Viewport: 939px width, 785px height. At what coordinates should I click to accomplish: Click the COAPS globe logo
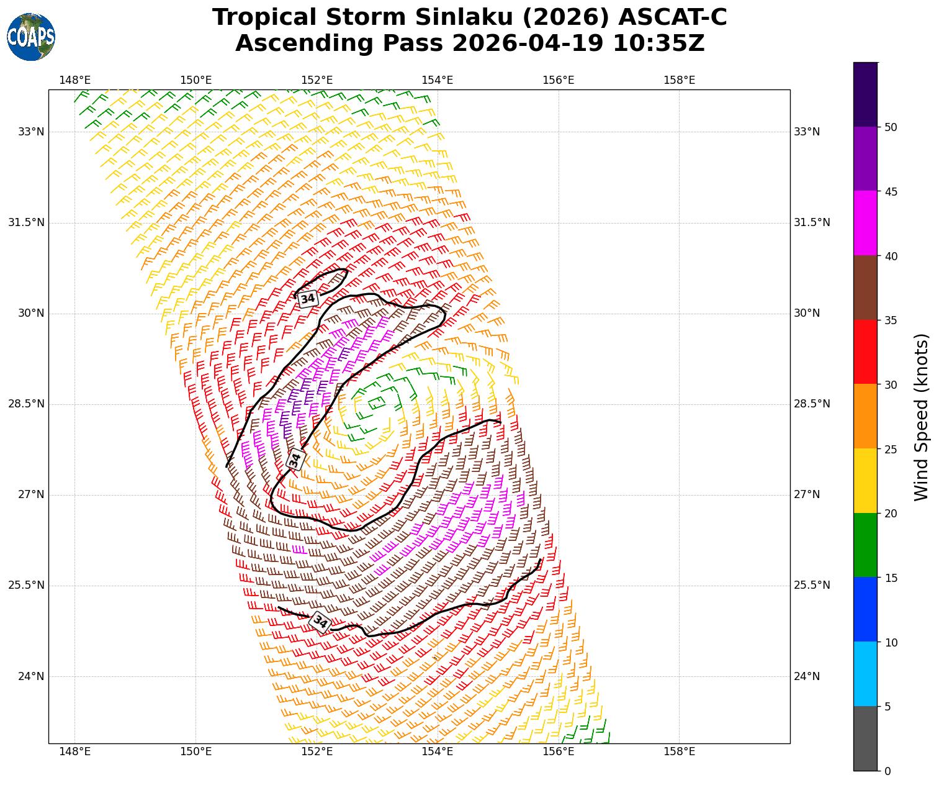(x=31, y=37)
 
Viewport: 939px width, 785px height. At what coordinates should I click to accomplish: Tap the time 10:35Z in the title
(x=658, y=43)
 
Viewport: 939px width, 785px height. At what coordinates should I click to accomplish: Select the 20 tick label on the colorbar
(x=891, y=513)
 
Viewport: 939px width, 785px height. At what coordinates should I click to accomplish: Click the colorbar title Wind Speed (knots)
(x=922, y=416)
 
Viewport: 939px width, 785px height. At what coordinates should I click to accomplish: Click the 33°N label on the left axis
(x=31, y=132)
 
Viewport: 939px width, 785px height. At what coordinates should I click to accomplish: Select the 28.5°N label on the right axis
(x=812, y=404)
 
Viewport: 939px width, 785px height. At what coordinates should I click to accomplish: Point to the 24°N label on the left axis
(x=31, y=676)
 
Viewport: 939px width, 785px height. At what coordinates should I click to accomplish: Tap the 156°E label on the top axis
(x=559, y=80)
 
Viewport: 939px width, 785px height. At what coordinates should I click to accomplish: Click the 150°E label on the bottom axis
(x=195, y=752)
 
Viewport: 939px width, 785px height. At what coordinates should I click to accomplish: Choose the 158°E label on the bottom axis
(x=679, y=752)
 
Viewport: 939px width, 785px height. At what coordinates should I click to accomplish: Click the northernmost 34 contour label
(x=308, y=299)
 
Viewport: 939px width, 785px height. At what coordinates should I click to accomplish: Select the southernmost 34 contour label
(x=320, y=621)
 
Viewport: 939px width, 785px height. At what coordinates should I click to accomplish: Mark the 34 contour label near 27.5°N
(x=295, y=460)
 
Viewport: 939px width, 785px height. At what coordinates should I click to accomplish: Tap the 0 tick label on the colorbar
(x=887, y=771)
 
